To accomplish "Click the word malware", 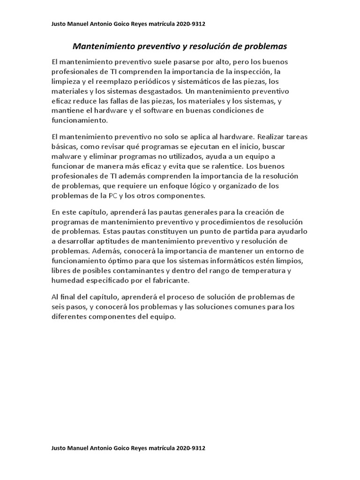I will (66, 157).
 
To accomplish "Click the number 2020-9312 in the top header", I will (190, 24).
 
